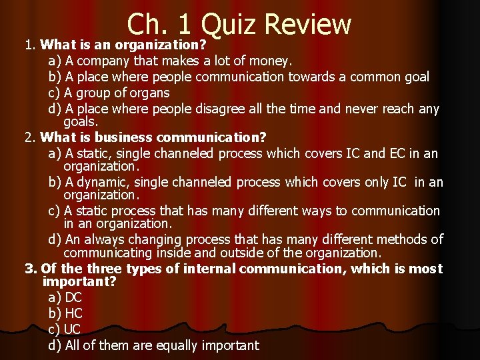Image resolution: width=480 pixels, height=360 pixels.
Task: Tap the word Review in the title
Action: [x=307, y=24]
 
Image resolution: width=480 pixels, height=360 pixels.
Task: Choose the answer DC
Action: [x=73, y=297]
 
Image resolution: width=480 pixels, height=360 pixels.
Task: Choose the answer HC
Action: [x=73, y=313]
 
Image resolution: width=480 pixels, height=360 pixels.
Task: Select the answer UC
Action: [x=73, y=329]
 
